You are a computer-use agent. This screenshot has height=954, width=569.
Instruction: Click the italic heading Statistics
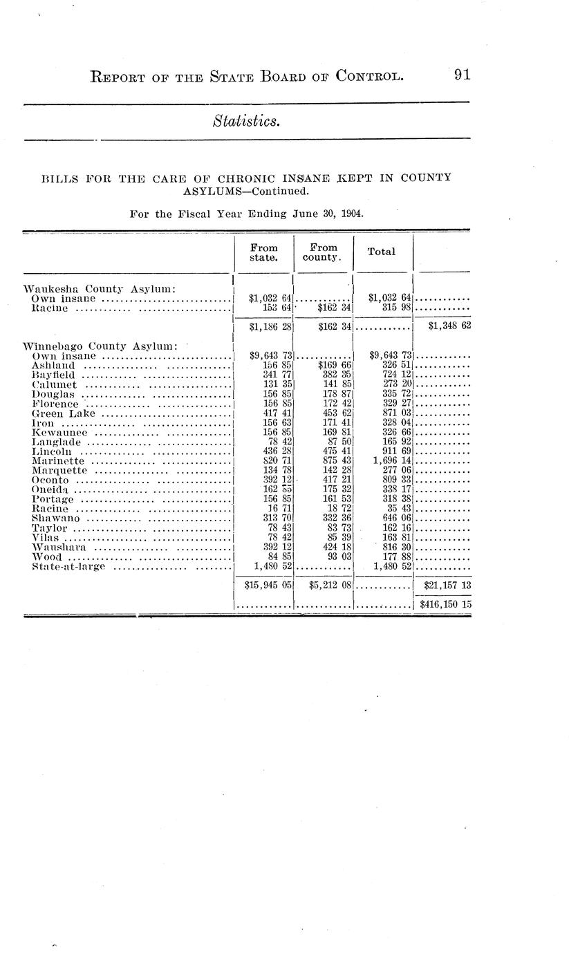247,122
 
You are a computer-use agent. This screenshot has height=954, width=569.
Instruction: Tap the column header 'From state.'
263,252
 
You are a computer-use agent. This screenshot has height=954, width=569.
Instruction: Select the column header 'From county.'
323,252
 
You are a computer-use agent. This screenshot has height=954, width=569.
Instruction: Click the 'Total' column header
382,252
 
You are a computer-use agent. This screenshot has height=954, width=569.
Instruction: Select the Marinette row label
58,460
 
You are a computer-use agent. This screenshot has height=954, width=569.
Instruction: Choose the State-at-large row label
68,567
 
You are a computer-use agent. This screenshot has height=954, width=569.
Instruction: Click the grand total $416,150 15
445,604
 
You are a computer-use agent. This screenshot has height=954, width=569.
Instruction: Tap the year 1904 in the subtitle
350,214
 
